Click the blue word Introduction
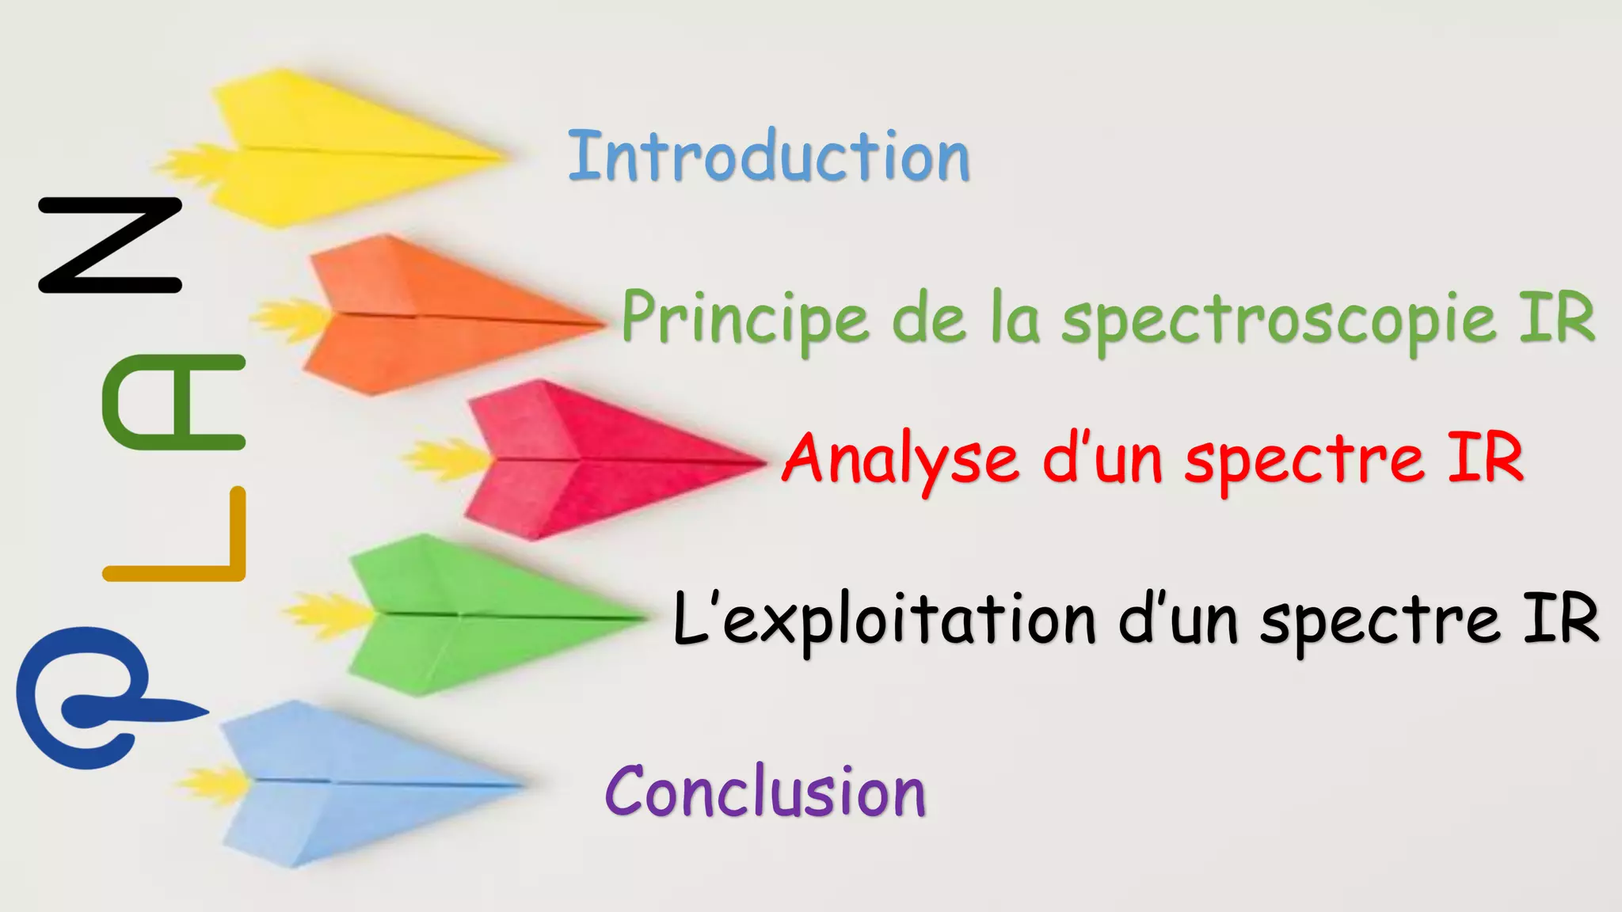[768, 157]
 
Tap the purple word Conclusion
[765, 792]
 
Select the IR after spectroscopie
[1555, 317]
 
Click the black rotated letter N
[110, 245]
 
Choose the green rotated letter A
[174, 402]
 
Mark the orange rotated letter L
[178, 538]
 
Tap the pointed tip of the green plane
[645, 618]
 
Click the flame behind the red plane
[444, 459]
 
